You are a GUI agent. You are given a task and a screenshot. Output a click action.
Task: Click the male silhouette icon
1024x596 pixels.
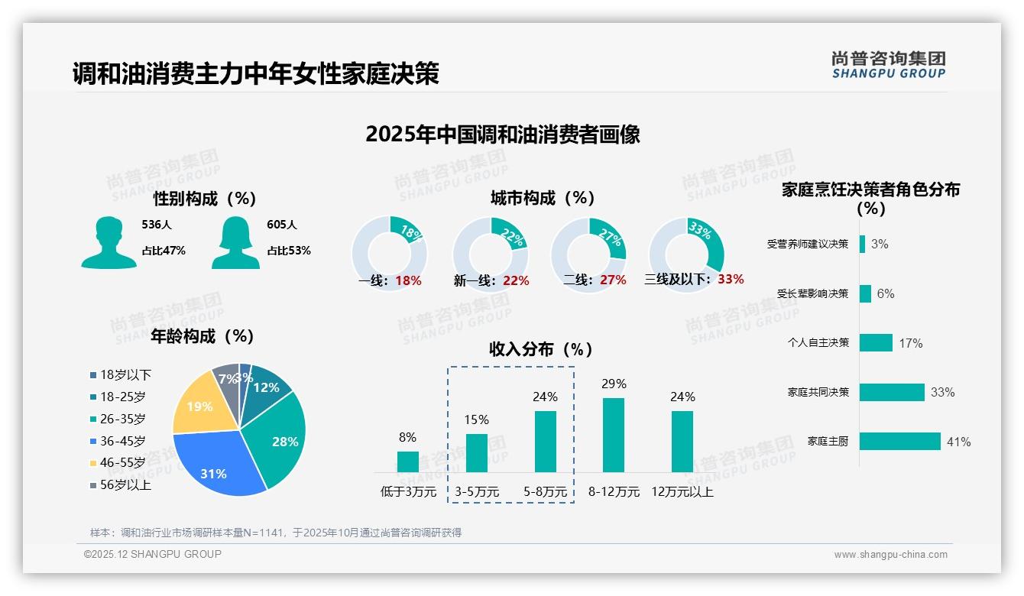coord(109,243)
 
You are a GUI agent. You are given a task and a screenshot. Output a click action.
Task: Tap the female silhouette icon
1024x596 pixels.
coord(235,243)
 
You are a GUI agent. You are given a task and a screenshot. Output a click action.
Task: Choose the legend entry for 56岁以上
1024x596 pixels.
coord(120,484)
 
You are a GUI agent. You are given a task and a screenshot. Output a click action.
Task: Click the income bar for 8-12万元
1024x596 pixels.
coord(614,435)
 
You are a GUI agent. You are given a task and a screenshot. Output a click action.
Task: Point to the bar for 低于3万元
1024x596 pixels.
coord(407,462)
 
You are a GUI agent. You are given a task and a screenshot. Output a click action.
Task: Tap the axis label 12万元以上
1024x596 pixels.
coord(682,492)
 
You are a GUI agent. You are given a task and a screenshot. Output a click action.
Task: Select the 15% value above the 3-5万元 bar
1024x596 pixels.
coord(476,419)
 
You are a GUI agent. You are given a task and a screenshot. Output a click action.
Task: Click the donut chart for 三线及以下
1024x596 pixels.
coord(686,254)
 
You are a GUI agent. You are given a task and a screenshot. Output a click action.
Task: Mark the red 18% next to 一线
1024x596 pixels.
coord(408,280)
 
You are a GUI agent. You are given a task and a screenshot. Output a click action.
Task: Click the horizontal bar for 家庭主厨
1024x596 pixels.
coord(899,442)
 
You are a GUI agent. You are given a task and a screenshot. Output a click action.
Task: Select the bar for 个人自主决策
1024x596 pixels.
coord(876,342)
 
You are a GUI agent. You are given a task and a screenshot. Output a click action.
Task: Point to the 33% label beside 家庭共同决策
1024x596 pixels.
coord(942,392)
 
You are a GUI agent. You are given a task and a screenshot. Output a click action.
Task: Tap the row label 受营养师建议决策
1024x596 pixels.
coord(808,244)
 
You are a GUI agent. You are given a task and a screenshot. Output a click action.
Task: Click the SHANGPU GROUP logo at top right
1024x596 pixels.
coord(888,65)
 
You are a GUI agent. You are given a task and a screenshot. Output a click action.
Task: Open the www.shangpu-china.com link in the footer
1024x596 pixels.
coord(890,555)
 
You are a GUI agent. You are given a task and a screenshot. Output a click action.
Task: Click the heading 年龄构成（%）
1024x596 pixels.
coord(202,336)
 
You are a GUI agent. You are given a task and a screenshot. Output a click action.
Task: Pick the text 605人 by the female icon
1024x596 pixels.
coord(282,225)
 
